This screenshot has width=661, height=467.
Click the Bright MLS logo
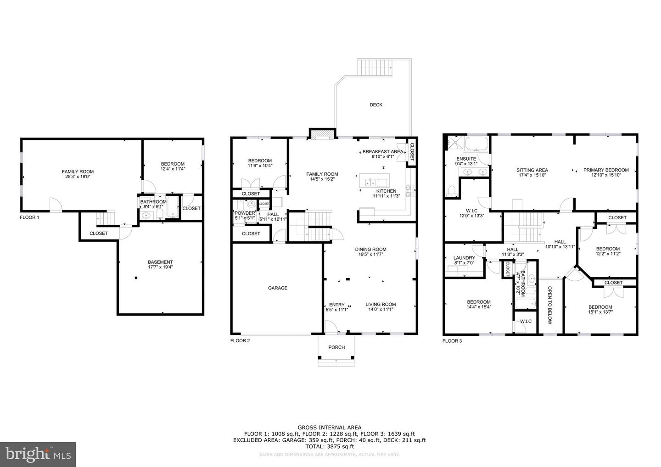pyautogui.click(x=38, y=455)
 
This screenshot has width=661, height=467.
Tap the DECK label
pyautogui.click(x=376, y=105)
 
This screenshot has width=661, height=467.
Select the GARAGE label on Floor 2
pyautogui.click(x=278, y=288)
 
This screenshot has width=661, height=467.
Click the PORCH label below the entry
pyautogui.click(x=336, y=347)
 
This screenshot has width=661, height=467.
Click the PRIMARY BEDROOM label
pyautogui.click(x=606, y=170)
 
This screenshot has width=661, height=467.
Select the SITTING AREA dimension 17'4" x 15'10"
pyautogui.click(x=532, y=175)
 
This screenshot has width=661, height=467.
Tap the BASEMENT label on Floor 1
pyautogui.click(x=160, y=262)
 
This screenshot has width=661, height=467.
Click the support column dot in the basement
pyautogui.click(x=136, y=278)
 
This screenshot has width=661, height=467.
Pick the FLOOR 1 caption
pyautogui.click(x=29, y=217)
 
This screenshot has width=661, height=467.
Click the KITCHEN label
pyautogui.click(x=386, y=191)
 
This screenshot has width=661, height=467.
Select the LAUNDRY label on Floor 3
pyautogui.click(x=464, y=258)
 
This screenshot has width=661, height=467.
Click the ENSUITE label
pyautogui.click(x=465, y=159)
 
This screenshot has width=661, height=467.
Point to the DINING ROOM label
pyautogui.click(x=370, y=250)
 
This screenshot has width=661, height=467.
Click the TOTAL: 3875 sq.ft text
pyautogui.click(x=329, y=446)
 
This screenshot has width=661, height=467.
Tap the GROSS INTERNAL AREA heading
pyautogui.click(x=329, y=428)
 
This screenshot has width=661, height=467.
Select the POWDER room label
pyautogui.click(x=245, y=213)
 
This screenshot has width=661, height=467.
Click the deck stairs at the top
pyautogui.click(x=375, y=68)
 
